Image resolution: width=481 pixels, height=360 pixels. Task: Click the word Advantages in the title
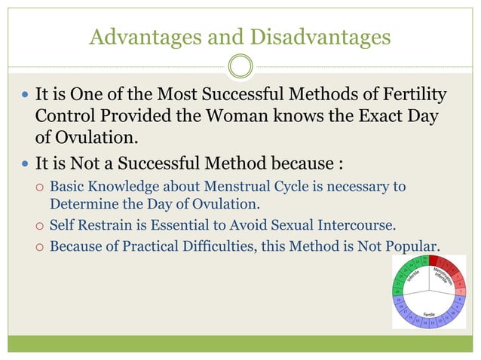coord(135,36)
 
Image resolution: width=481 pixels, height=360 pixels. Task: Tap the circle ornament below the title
coord(240,66)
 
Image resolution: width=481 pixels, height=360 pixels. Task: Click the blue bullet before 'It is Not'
coord(24,164)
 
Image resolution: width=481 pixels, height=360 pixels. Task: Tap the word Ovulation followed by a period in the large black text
coord(98,140)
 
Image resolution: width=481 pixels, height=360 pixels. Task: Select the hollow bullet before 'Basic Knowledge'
coord(38,187)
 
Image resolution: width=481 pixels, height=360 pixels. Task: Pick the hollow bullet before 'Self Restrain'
coord(38,224)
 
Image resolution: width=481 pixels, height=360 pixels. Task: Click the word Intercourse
coord(366,224)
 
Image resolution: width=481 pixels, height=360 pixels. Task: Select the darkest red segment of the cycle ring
coord(435,261)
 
